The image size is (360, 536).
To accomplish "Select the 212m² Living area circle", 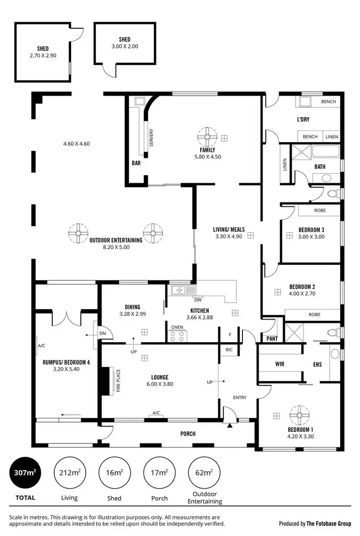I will [x=69, y=473].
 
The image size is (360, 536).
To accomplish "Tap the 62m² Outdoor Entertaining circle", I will [x=204, y=473].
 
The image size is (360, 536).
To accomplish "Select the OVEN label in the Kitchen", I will [x=177, y=327].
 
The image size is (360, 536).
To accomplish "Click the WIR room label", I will [x=280, y=364].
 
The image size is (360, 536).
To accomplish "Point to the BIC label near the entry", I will [x=229, y=349].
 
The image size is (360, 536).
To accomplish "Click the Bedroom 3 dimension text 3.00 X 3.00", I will [x=312, y=237].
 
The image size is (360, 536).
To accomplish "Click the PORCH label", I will [x=188, y=434].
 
